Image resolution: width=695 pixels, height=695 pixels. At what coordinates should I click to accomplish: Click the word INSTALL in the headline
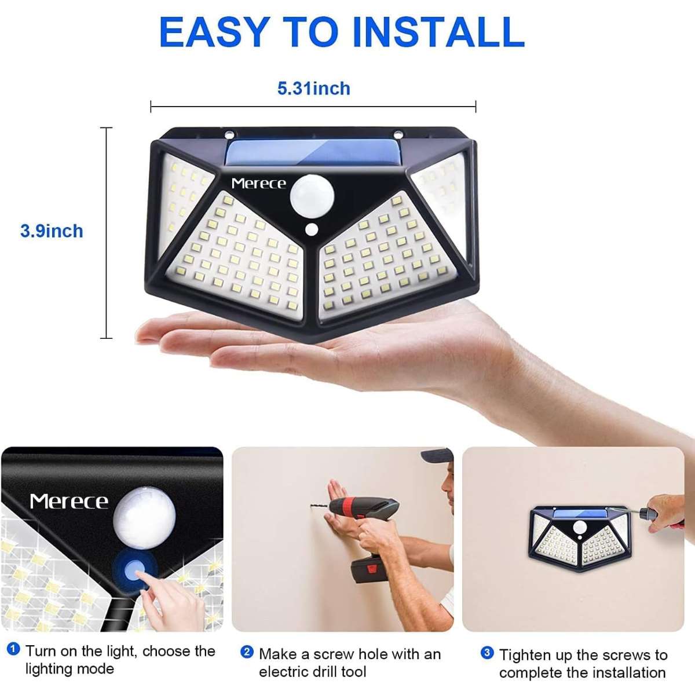[x=438, y=31]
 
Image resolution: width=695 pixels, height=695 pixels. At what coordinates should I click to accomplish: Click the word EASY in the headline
[x=215, y=31]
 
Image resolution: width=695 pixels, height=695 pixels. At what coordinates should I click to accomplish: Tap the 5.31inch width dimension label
[x=313, y=89]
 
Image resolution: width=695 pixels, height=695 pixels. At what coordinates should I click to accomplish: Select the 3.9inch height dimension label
[x=52, y=231]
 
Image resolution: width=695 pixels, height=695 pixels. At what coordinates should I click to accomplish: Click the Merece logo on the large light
[x=258, y=184]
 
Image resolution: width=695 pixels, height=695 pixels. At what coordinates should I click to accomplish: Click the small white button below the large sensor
[x=311, y=229]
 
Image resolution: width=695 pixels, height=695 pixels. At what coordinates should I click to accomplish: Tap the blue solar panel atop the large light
[x=312, y=153]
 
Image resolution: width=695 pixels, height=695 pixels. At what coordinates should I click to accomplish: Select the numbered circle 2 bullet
[x=247, y=652]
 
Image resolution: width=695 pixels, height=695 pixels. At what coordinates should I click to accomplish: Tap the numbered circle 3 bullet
[x=487, y=653]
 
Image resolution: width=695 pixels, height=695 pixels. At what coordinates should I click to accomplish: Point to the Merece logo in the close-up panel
[x=69, y=502]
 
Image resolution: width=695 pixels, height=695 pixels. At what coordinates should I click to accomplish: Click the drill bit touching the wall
[x=320, y=506]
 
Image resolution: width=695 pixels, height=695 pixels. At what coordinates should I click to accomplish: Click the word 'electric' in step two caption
[x=283, y=672]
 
